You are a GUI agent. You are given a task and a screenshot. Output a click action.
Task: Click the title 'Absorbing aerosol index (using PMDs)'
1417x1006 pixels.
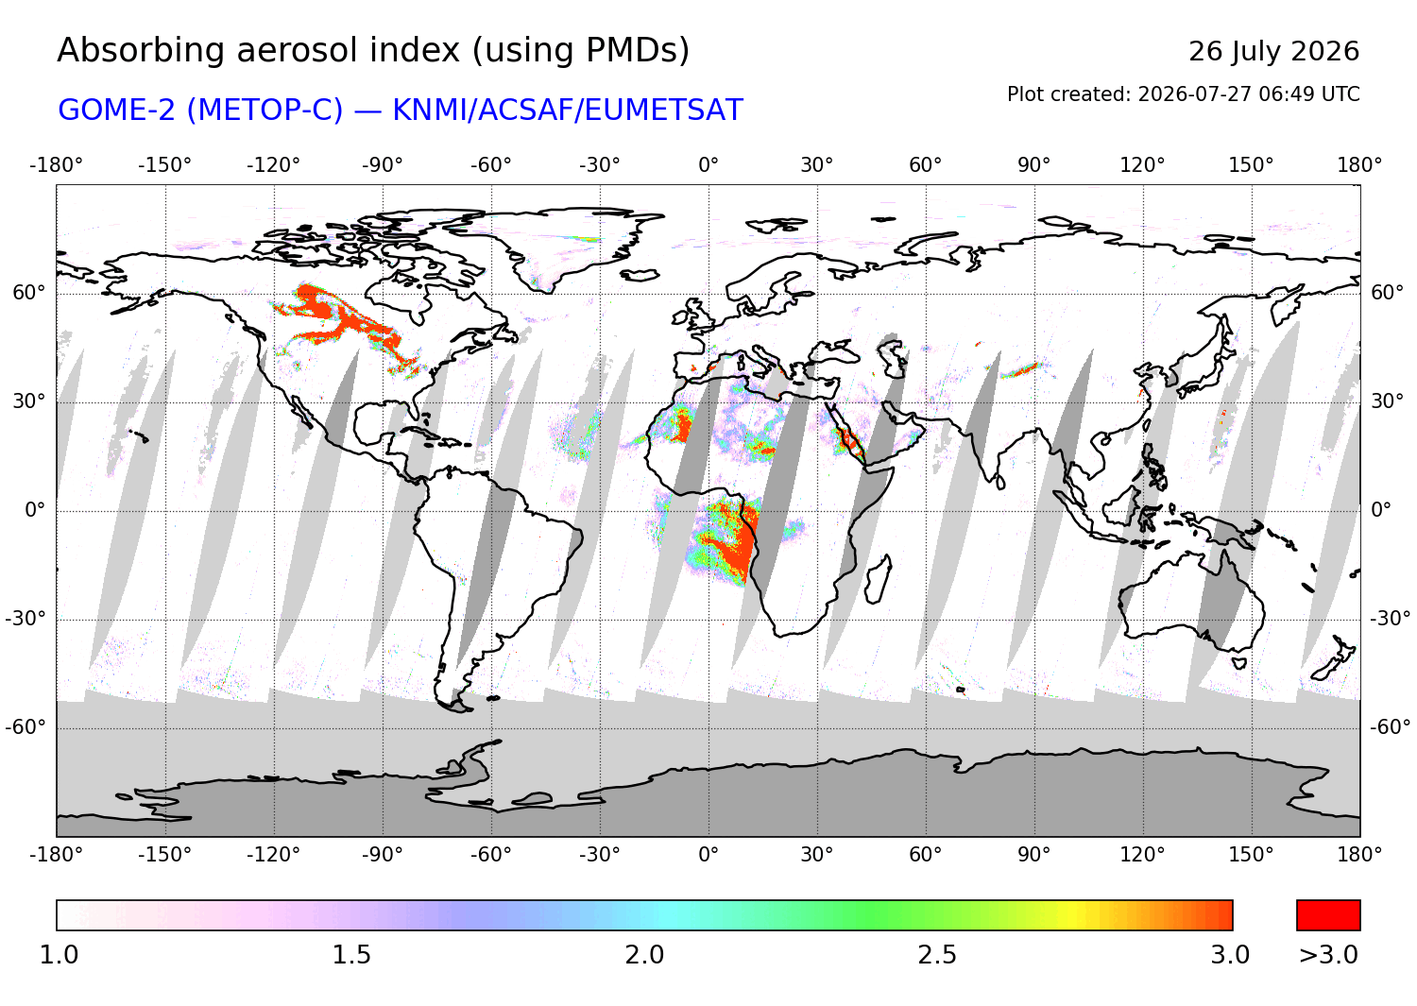pyautogui.click(x=373, y=51)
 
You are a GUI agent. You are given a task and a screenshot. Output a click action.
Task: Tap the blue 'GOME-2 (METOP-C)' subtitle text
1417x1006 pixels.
pyautogui.click(x=200, y=111)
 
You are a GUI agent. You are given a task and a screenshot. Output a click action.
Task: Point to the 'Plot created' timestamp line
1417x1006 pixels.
pyautogui.click(x=1183, y=94)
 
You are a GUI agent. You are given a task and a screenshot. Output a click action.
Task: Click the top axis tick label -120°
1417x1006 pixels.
pyautogui.click(x=273, y=165)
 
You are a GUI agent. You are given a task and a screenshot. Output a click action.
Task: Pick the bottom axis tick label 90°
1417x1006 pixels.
pyautogui.click(x=1033, y=855)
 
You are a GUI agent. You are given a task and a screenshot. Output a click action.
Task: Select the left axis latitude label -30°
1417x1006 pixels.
pyautogui.click(x=26, y=618)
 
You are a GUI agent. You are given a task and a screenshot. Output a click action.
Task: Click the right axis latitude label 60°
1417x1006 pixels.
pyautogui.click(x=1388, y=292)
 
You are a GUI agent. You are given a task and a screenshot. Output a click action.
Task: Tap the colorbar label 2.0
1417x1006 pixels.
pyautogui.click(x=644, y=955)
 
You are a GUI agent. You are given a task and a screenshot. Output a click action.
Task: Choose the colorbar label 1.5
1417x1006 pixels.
pyautogui.click(x=351, y=955)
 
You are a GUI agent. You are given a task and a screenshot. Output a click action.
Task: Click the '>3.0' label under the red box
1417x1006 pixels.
pyautogui.click(x=1328, y=955)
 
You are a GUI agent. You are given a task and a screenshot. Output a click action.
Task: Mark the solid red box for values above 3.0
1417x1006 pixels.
pyautogui.click(x=1328, y=915)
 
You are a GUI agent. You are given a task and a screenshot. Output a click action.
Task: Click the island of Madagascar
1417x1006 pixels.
pyautogui.click(x=878, y=580)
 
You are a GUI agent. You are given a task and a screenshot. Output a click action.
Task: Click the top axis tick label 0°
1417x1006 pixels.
pyautogui.click(x=708, y=165)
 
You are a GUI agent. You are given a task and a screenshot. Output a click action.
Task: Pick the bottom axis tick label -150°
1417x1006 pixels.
pyautogui.click(x=164, y=855)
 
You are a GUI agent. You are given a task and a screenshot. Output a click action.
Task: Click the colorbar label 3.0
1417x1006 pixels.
pyautogui.click(x=1230, y=955)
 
